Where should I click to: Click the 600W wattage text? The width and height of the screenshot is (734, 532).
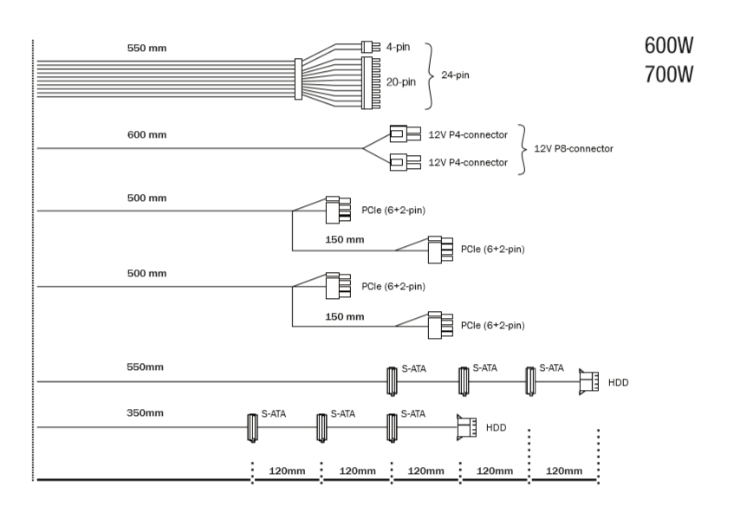point(668,45)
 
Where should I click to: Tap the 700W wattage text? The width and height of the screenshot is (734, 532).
point(668,75)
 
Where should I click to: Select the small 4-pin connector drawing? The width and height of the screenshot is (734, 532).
point(371,47)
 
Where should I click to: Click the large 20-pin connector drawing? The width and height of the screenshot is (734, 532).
point(371,83)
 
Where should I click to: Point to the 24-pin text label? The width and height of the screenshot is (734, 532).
point(455,75)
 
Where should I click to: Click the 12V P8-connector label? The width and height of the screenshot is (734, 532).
point(574,149)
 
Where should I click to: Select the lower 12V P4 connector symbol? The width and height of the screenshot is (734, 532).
point(406,162)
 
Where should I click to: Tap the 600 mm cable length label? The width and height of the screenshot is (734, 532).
point(147,135)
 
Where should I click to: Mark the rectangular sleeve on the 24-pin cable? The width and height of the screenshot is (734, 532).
point(298,79)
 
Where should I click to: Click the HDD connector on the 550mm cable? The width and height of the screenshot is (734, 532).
point(589,382)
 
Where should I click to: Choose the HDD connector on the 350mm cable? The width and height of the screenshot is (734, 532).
point(466,427)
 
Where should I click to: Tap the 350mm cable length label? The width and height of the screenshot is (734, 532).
point(145,412)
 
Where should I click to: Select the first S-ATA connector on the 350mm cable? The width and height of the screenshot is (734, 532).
point(252,427)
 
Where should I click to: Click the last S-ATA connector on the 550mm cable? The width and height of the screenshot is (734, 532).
point(530,381)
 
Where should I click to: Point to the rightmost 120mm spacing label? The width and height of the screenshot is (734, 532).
point(564,470)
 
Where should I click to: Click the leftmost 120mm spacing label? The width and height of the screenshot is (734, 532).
point(287,470)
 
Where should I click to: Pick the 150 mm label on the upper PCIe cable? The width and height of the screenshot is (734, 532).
point(345,239)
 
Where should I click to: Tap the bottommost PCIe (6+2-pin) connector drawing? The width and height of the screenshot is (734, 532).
point(440,325)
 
